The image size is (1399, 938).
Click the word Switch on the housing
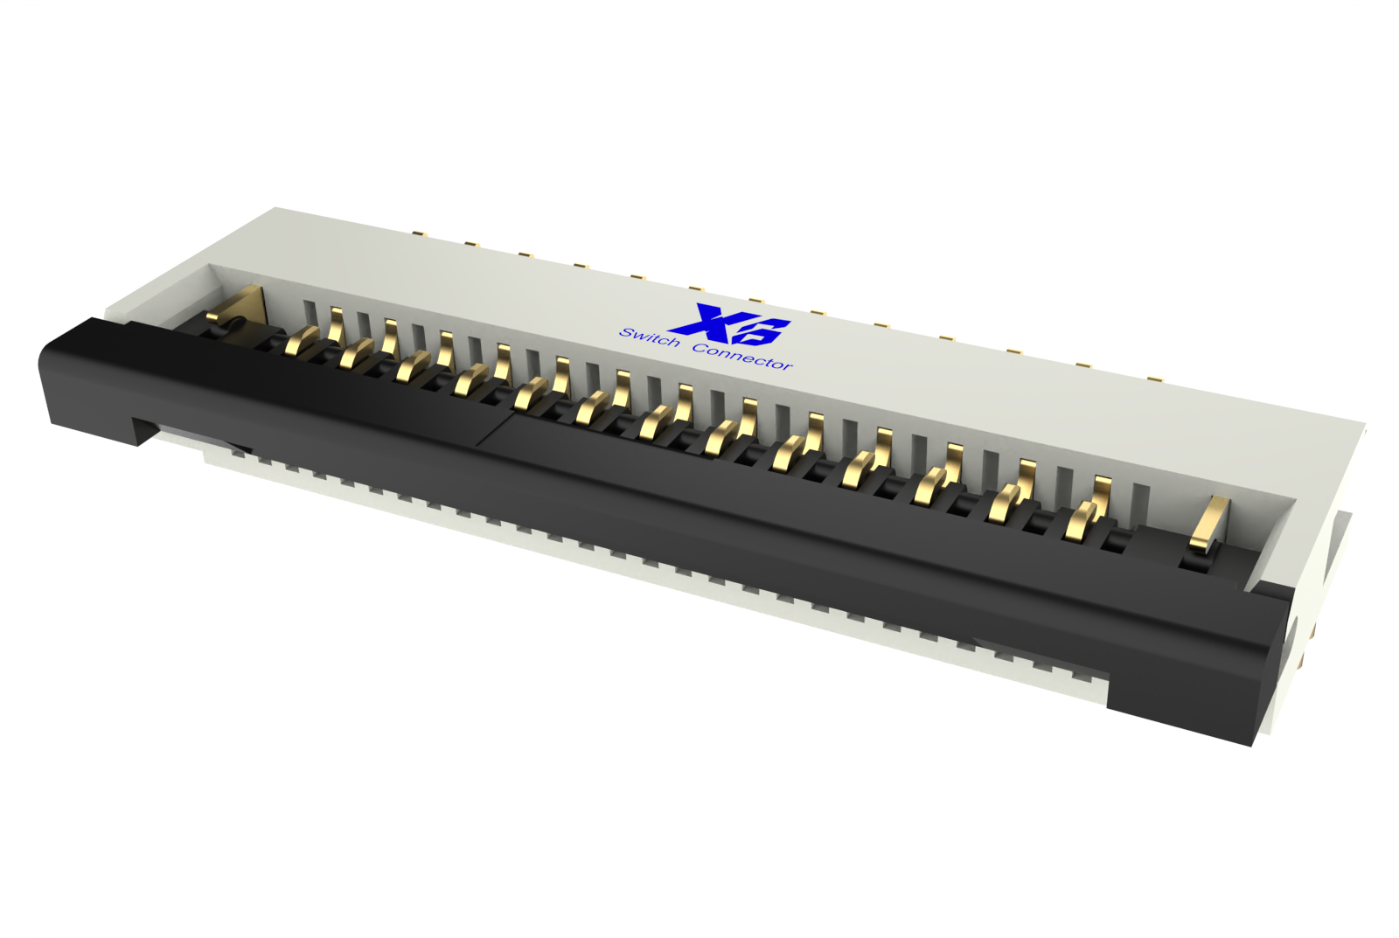(649, 337)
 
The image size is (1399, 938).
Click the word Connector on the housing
(741, 356)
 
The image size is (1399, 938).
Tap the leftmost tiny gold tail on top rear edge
(418, 233)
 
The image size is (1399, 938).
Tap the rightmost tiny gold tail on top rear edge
(1154, 379)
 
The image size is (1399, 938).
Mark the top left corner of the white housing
(276, 209)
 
